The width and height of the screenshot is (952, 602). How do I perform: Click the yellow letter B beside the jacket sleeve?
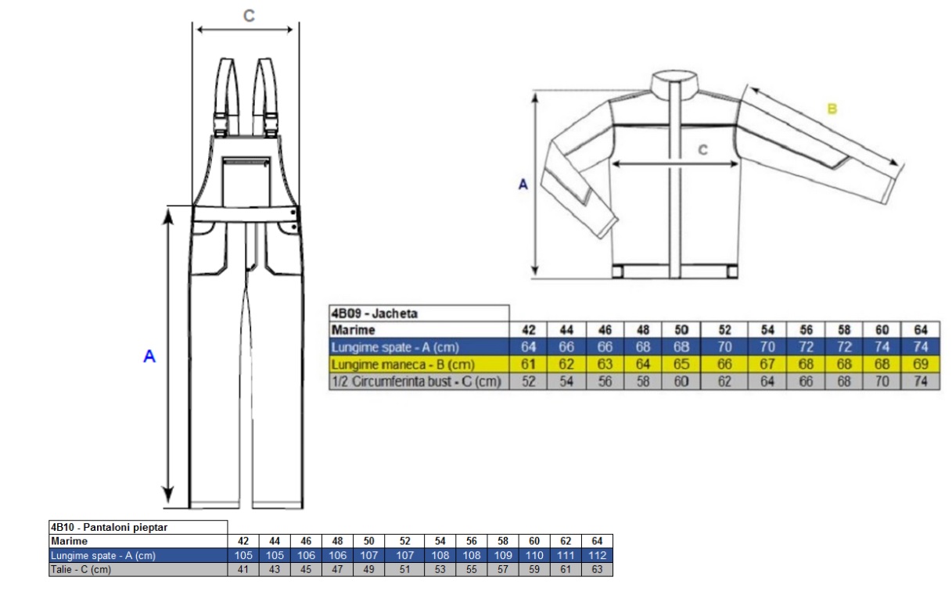832,109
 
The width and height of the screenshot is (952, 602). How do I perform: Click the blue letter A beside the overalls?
149,356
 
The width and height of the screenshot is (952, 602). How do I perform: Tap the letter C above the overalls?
249,16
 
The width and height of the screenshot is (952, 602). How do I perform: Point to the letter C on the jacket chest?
703,149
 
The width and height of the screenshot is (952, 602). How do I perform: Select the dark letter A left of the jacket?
523,185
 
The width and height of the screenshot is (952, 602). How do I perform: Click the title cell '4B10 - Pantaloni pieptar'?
109,527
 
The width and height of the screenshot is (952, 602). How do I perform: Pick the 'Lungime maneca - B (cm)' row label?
403,364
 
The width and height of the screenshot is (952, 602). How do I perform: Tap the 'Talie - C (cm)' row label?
81,569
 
